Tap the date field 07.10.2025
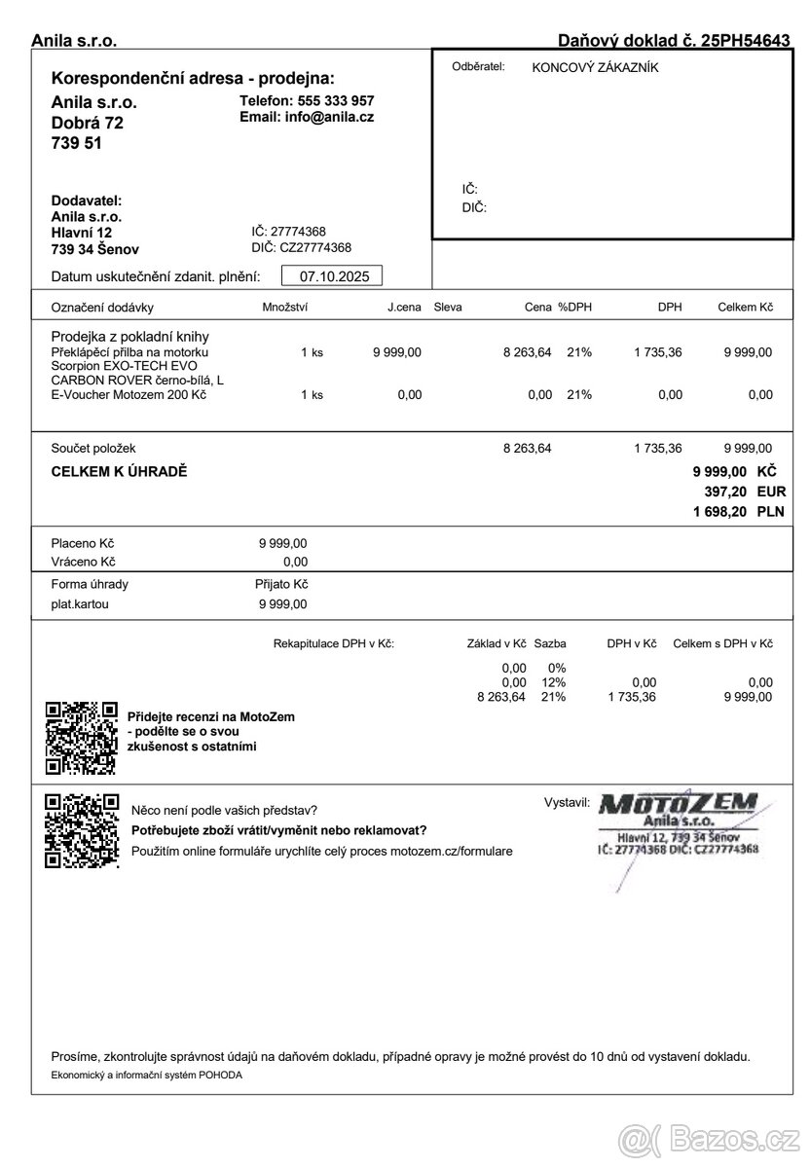(333, 276)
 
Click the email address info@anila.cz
(328, 117)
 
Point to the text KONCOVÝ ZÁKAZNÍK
(595, 67)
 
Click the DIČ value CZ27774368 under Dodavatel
(315, 247)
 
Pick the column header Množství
(285, 308)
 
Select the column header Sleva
(448, 308)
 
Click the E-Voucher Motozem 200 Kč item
(129, 394)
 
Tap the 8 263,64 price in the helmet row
(528, 352)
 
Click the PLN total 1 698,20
(719, 511)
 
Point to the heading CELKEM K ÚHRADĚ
(119, 472)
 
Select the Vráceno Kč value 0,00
(295, 562)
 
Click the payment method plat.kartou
(80, 603)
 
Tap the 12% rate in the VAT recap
(554, 682)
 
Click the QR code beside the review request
(82, 738)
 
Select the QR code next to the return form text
(82, 830)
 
